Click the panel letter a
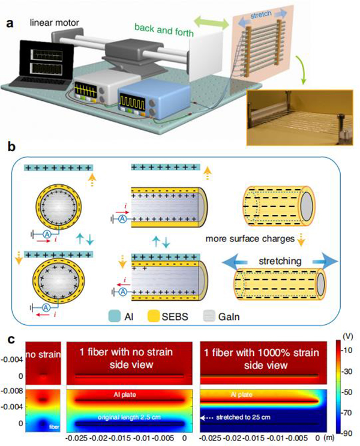click(10, 7)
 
